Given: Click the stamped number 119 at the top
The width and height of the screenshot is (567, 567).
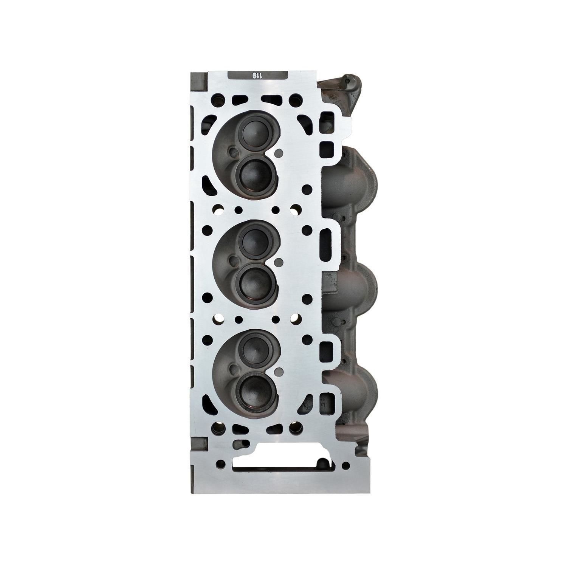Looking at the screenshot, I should pyautogui.click(x=257, y=75).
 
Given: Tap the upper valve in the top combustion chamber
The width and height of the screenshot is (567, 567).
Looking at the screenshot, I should pyautogui.click(x=253, y=132).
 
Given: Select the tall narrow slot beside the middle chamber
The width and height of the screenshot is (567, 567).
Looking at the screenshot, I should pyautogui.click(x=325, y=246).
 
